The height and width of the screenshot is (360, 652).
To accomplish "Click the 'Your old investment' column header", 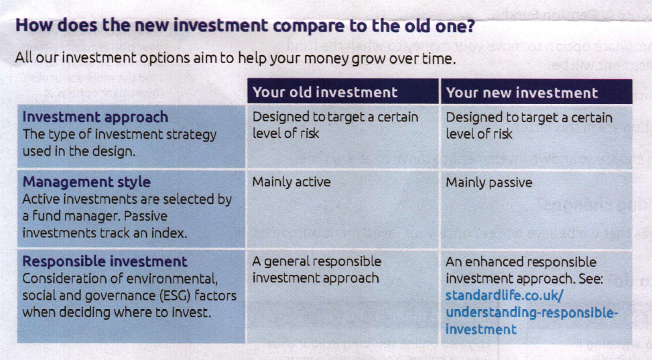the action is (325, 92).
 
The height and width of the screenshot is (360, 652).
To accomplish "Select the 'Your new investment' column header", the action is (522, 93).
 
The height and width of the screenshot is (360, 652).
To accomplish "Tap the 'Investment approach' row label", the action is (95, 117).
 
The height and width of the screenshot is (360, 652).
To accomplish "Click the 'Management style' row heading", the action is (86, 182).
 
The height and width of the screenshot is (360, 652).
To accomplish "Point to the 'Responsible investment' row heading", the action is (105, 261).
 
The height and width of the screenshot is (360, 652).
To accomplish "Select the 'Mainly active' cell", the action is (291, 182).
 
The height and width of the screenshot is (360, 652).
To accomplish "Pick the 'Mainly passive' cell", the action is (489, 183).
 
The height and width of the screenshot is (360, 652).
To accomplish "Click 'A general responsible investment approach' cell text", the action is (317, 269).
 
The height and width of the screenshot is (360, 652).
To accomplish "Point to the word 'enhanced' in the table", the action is (493, 261).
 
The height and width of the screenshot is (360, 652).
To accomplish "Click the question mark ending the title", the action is (470, 25).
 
